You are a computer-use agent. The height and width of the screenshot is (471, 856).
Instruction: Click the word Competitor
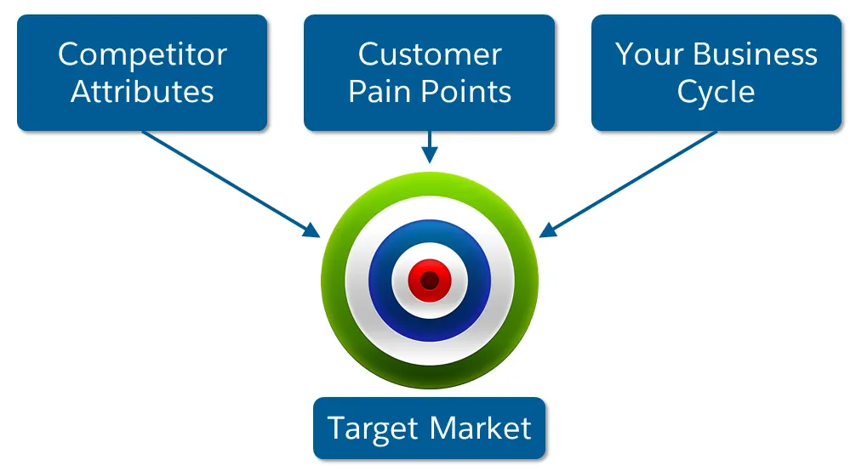click(142, 54)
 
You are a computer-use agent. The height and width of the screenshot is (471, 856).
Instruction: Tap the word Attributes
click(142, 91)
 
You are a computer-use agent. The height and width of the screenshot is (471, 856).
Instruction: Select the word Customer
click(430, 54)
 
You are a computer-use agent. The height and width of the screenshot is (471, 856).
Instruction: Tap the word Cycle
click(716, 93)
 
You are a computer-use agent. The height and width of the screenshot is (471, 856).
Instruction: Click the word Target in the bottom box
click(373, 429)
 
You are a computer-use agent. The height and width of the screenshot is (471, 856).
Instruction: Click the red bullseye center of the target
click(430, 281)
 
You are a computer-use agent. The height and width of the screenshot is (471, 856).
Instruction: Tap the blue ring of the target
click(380, 281)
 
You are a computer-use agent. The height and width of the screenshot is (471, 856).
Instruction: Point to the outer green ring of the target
click(333, 281)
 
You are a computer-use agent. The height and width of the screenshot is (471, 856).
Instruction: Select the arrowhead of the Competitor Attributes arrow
click(311, 230)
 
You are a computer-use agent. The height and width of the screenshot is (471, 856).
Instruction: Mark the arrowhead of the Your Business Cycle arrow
click(548, 230)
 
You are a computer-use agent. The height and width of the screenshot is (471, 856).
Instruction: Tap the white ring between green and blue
click(357, 281)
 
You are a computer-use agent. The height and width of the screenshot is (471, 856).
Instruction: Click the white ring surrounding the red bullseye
click(400, 281)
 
